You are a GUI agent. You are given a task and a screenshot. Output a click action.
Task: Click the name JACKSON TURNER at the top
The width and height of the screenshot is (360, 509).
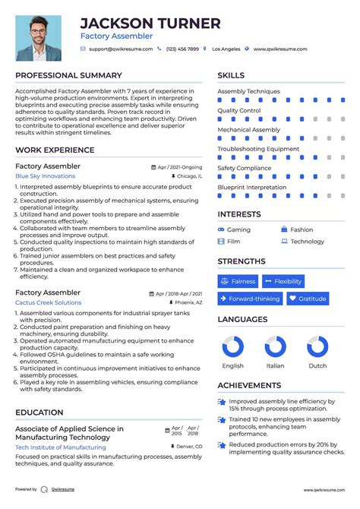(150, 24)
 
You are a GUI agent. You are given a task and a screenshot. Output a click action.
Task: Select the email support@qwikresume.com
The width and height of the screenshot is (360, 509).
(120, 49)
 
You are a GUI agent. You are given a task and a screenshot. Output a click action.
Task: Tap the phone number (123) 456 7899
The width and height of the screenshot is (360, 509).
(182, 49)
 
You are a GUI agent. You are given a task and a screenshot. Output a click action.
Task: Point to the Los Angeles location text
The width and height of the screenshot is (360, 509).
(226, 49)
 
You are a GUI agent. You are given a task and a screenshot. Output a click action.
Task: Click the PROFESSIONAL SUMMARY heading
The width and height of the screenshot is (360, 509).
(68, 75)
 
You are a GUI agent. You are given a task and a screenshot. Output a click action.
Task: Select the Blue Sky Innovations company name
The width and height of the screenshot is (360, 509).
(46, 176)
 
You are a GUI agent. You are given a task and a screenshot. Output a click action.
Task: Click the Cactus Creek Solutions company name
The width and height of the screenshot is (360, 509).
(48, 302)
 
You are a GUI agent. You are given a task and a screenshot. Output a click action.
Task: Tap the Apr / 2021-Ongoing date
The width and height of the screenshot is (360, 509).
(180, 166)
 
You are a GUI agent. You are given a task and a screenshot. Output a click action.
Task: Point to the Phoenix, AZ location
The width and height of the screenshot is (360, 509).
(189, 302)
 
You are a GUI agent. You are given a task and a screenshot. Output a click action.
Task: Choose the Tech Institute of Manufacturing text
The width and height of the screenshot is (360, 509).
(60, 447)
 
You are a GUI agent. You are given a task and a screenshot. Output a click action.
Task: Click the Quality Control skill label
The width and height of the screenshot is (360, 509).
(238, 111)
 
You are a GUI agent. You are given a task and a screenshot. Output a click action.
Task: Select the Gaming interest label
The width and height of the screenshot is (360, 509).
(238, 229)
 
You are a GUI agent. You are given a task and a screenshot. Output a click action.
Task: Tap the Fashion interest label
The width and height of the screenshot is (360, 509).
(302, 229)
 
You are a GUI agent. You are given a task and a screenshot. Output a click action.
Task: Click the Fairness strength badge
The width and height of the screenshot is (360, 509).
(238, 281)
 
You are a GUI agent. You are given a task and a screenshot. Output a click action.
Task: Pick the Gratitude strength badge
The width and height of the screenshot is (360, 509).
(308, 299)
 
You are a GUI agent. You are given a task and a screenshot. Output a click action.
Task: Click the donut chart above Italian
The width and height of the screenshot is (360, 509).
(275, 347)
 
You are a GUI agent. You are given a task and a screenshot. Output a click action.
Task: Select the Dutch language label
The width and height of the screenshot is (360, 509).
(317, 365)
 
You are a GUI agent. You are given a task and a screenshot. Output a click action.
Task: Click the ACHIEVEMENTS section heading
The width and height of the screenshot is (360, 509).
(249, 386)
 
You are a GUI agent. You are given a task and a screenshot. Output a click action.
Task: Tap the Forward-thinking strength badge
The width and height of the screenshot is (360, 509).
(250, 299)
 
